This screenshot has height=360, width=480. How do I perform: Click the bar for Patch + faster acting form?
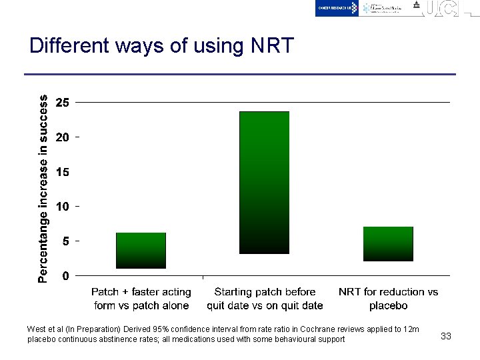point(141,250)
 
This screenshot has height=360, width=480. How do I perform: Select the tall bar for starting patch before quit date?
point(264,182)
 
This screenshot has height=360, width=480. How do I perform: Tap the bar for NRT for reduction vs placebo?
point(388,243)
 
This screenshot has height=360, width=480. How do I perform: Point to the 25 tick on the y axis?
point(62,103)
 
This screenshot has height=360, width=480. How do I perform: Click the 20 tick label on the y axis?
point(62,137)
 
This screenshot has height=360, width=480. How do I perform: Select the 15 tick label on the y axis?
point(62,172)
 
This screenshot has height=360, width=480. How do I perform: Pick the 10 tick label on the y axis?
point(62,207)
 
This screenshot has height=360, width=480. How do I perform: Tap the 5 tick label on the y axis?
point(65,241)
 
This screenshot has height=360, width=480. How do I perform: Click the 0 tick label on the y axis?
point(65,275)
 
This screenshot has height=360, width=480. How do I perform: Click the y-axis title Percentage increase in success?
point(43,188)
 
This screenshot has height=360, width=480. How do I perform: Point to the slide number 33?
point(446,336)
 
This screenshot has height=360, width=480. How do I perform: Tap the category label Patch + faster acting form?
point(141,299)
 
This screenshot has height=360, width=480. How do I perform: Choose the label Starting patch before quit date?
point(265,299)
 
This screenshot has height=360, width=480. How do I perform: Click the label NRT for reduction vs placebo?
point(388,299)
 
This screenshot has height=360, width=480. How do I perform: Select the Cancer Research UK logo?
point(337,8)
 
